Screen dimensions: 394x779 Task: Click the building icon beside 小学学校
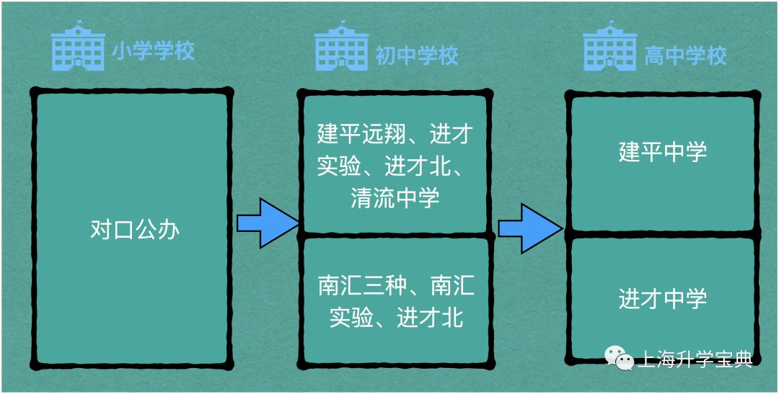(78, 48)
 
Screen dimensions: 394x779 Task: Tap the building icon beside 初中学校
(341, 48)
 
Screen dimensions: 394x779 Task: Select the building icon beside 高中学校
(609, 48)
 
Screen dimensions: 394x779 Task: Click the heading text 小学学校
(153, 52)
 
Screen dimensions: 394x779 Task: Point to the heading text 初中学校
(417, 55)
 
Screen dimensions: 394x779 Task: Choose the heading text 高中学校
(685, 55)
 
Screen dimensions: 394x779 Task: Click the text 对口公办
(134, 229)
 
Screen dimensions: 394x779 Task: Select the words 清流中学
(395, 197)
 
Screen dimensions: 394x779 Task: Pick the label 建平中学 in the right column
(663, 152)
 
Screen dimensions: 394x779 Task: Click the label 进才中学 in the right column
(663, 298)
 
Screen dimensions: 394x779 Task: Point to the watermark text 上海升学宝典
(695, 358)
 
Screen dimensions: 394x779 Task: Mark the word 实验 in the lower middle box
(351, 318)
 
